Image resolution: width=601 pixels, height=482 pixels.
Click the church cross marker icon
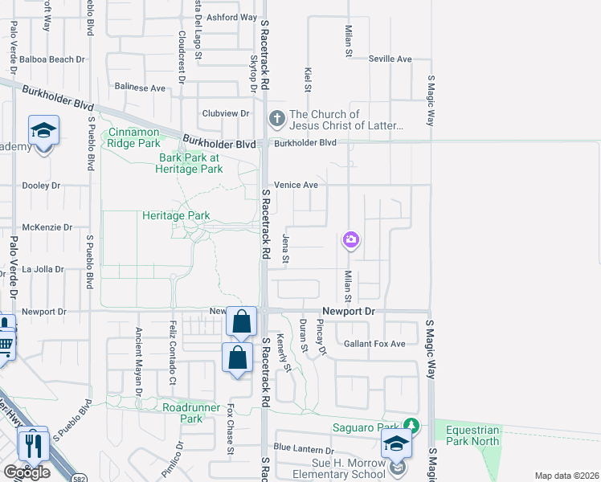click(x=276, y=119)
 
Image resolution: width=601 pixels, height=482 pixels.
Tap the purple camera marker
click(x=350, y=239)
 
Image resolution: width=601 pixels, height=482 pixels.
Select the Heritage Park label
click(x=176, y=215)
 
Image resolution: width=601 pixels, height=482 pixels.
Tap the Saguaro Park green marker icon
click(x=411, y=425)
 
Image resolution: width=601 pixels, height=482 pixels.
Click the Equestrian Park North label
click(x=472, y=435)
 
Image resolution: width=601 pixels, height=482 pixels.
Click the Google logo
click(x=27, y=472)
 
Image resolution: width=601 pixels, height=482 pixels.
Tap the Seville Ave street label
click(x=390, y=59)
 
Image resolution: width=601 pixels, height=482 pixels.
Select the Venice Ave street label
click(x=296, y=185)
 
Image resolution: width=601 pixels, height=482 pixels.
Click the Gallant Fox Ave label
click(x=375, y=344)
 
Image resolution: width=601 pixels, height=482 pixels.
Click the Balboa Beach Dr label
click(x=54, y=59)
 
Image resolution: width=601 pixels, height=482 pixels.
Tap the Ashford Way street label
click(x=231, y=17)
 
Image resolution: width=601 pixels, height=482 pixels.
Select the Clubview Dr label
click(x=220, y=114)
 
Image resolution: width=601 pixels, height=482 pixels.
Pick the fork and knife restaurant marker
click(x=33, y=443)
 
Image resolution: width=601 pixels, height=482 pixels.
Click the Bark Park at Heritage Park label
click(x=190, y=163)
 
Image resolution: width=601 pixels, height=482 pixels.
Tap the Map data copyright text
click(x=566, y=476)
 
